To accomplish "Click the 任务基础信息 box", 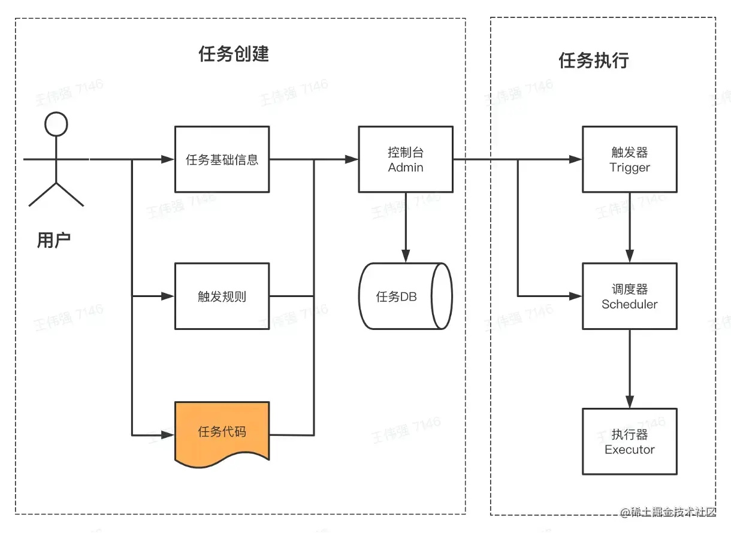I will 222,159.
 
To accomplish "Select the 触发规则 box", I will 222,296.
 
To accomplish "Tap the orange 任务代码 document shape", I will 222,431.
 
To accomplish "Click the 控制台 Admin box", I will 406,159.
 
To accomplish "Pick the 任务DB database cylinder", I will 404,296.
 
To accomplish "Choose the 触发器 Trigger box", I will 630,159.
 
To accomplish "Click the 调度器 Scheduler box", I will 630,296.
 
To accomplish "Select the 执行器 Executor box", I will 630,441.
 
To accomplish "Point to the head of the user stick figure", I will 56,124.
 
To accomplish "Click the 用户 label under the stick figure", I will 54,240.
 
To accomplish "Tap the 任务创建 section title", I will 234,54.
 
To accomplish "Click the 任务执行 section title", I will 594,60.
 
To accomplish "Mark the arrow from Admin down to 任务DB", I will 406,228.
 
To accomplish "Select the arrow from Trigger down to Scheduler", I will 630,228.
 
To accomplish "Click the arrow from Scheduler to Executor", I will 630,368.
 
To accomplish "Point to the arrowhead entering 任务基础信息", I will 168,159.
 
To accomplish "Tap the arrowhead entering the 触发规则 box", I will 168,296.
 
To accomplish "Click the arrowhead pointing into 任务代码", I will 168,432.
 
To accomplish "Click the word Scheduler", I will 630,304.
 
